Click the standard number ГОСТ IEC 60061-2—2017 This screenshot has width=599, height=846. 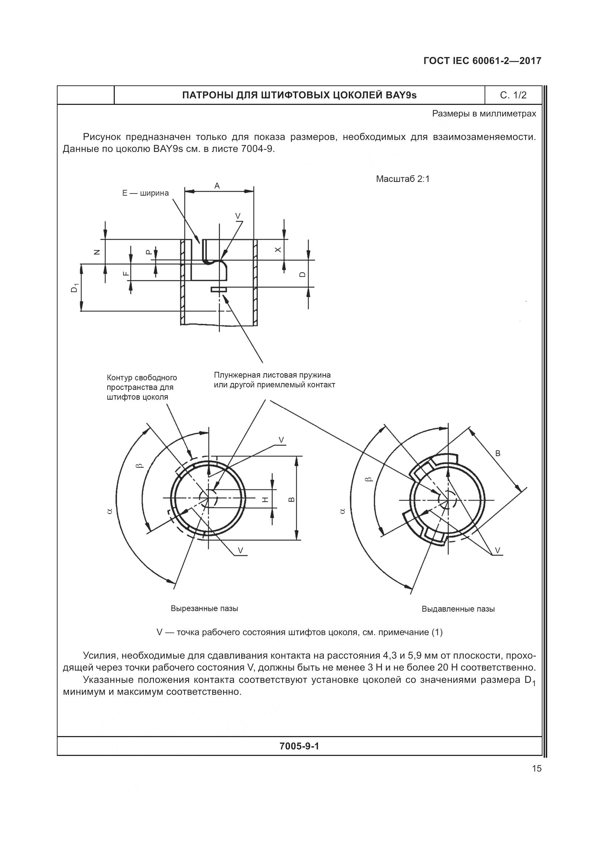click(x=482, y=61)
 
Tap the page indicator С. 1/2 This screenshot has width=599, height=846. click(x=513, y=95)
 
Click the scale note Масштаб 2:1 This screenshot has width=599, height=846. click(x=403, y=179)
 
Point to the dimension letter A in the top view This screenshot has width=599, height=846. click(x=217, y=186)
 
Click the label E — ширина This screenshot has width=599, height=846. click(x=145, y=193)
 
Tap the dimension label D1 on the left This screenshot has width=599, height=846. click(x=75, y=288)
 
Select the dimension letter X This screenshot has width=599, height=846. click(x=278, y=250)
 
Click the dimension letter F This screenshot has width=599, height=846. click(x=125, y=273)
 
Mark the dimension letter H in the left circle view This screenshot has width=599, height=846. click(x=265, y=499)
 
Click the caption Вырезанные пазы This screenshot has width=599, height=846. click(x=204, y=608)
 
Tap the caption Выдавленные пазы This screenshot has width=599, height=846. click(x=458, y=609)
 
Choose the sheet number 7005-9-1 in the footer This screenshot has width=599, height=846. click(x=299, y=746)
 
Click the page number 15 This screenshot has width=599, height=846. click(x=537, y=769)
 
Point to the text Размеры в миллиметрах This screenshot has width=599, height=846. click(x=484, y=114)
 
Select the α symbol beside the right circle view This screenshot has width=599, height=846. click(x=342, y=511)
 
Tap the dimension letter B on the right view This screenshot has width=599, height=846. click(x=498, y=454)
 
